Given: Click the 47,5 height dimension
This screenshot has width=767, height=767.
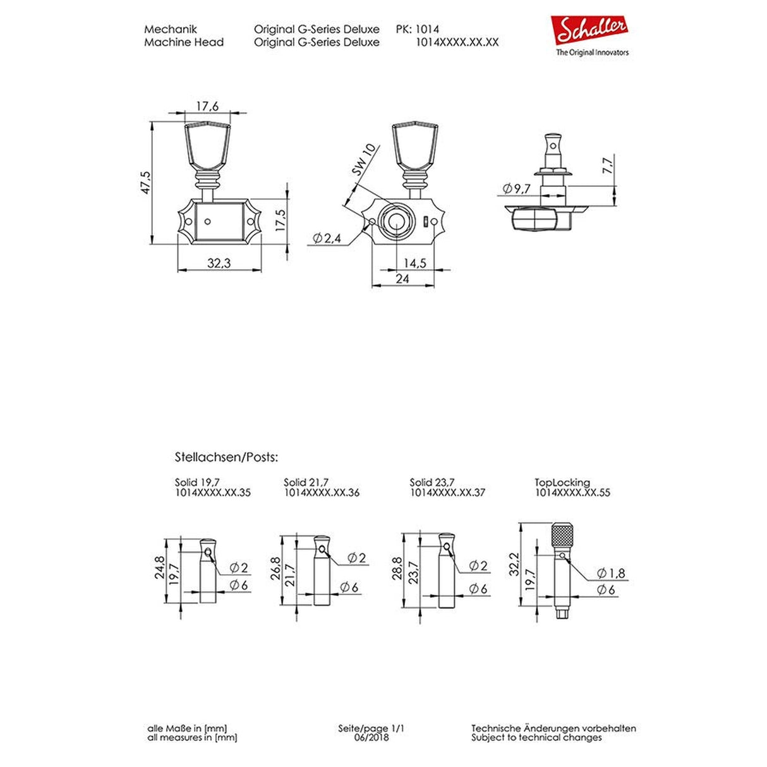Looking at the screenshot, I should tap(145, 183).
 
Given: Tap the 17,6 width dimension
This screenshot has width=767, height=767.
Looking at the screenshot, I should tap(207, 107).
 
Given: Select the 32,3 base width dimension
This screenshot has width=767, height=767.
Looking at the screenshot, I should tap(219, 262).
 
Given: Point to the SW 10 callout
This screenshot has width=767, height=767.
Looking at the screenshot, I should tap(363, 160).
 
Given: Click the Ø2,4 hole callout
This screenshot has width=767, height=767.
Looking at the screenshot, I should tap(327, 238).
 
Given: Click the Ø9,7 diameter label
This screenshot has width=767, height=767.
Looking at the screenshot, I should tap(516, 188).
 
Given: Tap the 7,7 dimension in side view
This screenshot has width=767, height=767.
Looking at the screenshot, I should tap(608, 166).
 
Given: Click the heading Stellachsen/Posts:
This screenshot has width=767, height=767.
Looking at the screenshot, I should tap(226, 457).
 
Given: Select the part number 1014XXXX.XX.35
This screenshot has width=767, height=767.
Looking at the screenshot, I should tap(212, 493).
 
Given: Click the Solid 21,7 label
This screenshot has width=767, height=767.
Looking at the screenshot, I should tap(306, 483).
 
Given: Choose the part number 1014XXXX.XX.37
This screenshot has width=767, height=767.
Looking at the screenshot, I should tap(447, 493).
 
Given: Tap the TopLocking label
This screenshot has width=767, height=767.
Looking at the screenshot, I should tap(562, 483).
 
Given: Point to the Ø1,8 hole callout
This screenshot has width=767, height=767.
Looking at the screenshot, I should tap(611, 573).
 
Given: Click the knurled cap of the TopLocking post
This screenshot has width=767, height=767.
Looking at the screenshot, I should tap(562, 536).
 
